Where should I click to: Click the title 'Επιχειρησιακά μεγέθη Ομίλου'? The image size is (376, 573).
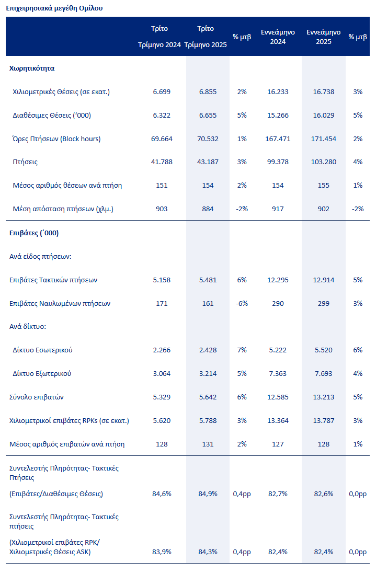pyautogui.click(x=54, y=8)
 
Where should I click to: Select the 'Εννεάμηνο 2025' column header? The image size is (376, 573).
pyautogui.click(x=323, y=37)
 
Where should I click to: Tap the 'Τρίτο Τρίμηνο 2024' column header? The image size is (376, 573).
pyautogui.click(x=159, y=37)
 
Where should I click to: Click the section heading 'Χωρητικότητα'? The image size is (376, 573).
pyautogui.click(x=32, y=68)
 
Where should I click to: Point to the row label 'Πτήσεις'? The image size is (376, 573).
pyautogui.click(x=25, y=162)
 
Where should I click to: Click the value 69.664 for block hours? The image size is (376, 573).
pyautogui.click(x=162, y=139)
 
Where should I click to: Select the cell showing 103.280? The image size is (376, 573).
pyautogui.click(x=323, y=162)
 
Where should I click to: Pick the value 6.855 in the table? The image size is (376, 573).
pyautogui.click(x=208, y=91)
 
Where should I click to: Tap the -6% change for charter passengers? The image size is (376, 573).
pyautogui.click(x=242, y=303)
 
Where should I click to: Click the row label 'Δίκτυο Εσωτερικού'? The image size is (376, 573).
pyautogui.click(x=42, y=350)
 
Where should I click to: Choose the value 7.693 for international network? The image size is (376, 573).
pyautogui.click(x=323, y=374)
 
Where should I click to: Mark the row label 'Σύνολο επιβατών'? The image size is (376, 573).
pyautogui.click(x=37, y=397)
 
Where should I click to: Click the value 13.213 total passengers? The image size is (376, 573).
pyautogui.click(x=323, y=397)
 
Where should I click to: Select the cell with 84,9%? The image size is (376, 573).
pyautogui.click(x=208, y=494)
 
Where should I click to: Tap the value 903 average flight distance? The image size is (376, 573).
pyautogui.click(x=162, y=209)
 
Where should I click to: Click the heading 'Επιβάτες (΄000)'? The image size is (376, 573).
pyautogui.click(x=34, y=233)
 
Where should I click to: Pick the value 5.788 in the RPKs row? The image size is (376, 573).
pyautogui.click(x=208, y=421)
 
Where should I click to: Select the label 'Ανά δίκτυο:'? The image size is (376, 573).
pyautogui.click(x=28, y=327)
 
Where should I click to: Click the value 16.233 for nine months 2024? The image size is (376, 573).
pyautogui.click(x=277, y=91)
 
